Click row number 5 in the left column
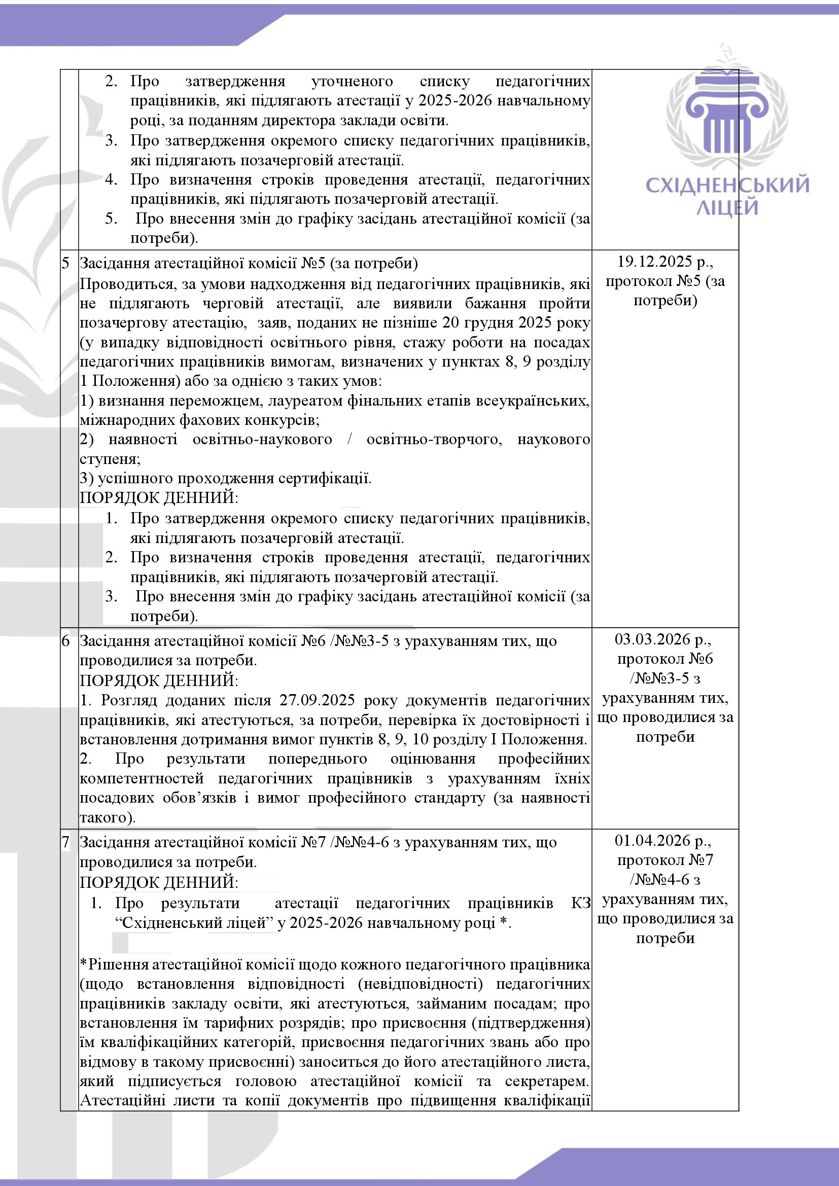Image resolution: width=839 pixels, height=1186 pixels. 65,263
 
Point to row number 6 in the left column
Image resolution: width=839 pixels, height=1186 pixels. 65,641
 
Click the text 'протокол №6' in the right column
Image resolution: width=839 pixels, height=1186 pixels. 665,659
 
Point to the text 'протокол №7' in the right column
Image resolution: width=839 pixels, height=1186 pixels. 665,860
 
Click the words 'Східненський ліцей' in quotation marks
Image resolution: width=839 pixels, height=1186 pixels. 197,922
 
